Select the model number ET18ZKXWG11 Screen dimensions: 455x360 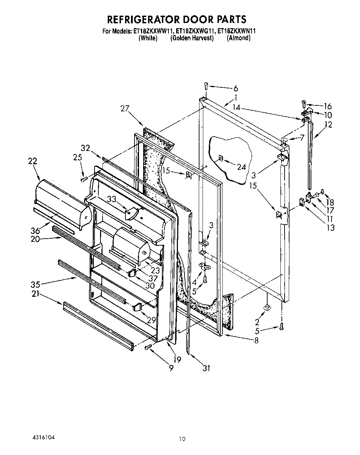pyautogui.click(x=194, y=31)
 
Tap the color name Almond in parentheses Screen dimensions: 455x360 pyautogui.click(x=238, y=38)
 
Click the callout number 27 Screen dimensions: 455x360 pyautogui.click(x=125, y=109)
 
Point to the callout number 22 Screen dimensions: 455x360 pyautogui.click(x=32, y=161)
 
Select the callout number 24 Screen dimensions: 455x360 pyautogui.click(x=242, y=167)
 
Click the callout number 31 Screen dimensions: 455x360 pyautogui.click(x=206, y=368)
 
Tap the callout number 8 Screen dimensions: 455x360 pyautogui.click(x=256, y=341)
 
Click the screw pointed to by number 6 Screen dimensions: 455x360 pyautogui.click(x=206, y=85)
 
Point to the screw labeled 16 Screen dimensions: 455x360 pyautogui.click(x=304, y=103)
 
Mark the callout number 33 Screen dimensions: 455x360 pyautogui.click(x=111, y=199)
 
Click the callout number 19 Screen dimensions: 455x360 pyautogui.click(x=177, y=359)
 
